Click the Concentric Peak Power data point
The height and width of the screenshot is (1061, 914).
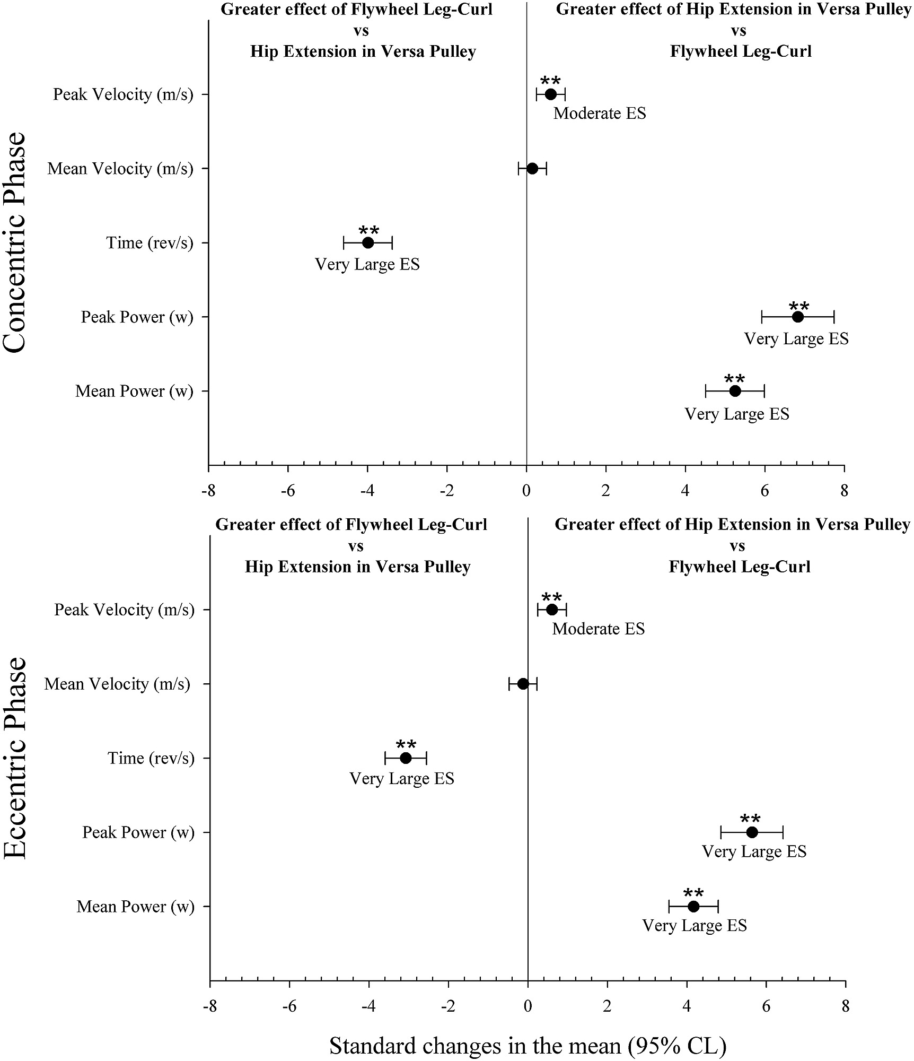798,317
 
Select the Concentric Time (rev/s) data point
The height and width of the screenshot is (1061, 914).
368,243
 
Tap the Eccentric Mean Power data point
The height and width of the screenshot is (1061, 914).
693,907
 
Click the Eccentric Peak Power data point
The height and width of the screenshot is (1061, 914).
752,832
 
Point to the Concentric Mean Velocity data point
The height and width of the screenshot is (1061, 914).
532,169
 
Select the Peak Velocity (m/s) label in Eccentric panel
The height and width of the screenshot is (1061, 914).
124,610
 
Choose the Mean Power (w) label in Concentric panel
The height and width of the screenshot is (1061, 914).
134,392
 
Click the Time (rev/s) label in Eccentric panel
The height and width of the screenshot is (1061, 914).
151,758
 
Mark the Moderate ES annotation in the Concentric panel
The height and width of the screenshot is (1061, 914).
600,114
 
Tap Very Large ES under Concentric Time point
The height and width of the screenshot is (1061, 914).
367,264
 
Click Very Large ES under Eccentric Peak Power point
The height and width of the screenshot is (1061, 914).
754,852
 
